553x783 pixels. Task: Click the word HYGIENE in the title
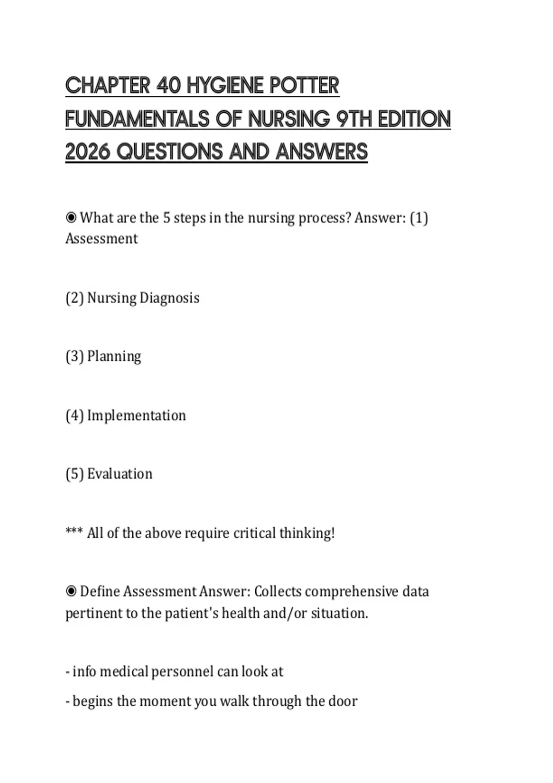pos(225,86)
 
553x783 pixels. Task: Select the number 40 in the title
pos(168,86)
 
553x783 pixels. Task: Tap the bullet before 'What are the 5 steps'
pos(71,217)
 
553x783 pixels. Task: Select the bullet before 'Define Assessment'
pos(71,591)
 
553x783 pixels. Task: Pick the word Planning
pos(114,356)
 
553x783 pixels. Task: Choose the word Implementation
pos(136,415)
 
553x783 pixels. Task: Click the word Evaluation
pos(120,474)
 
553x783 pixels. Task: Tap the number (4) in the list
pos(75,415)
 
